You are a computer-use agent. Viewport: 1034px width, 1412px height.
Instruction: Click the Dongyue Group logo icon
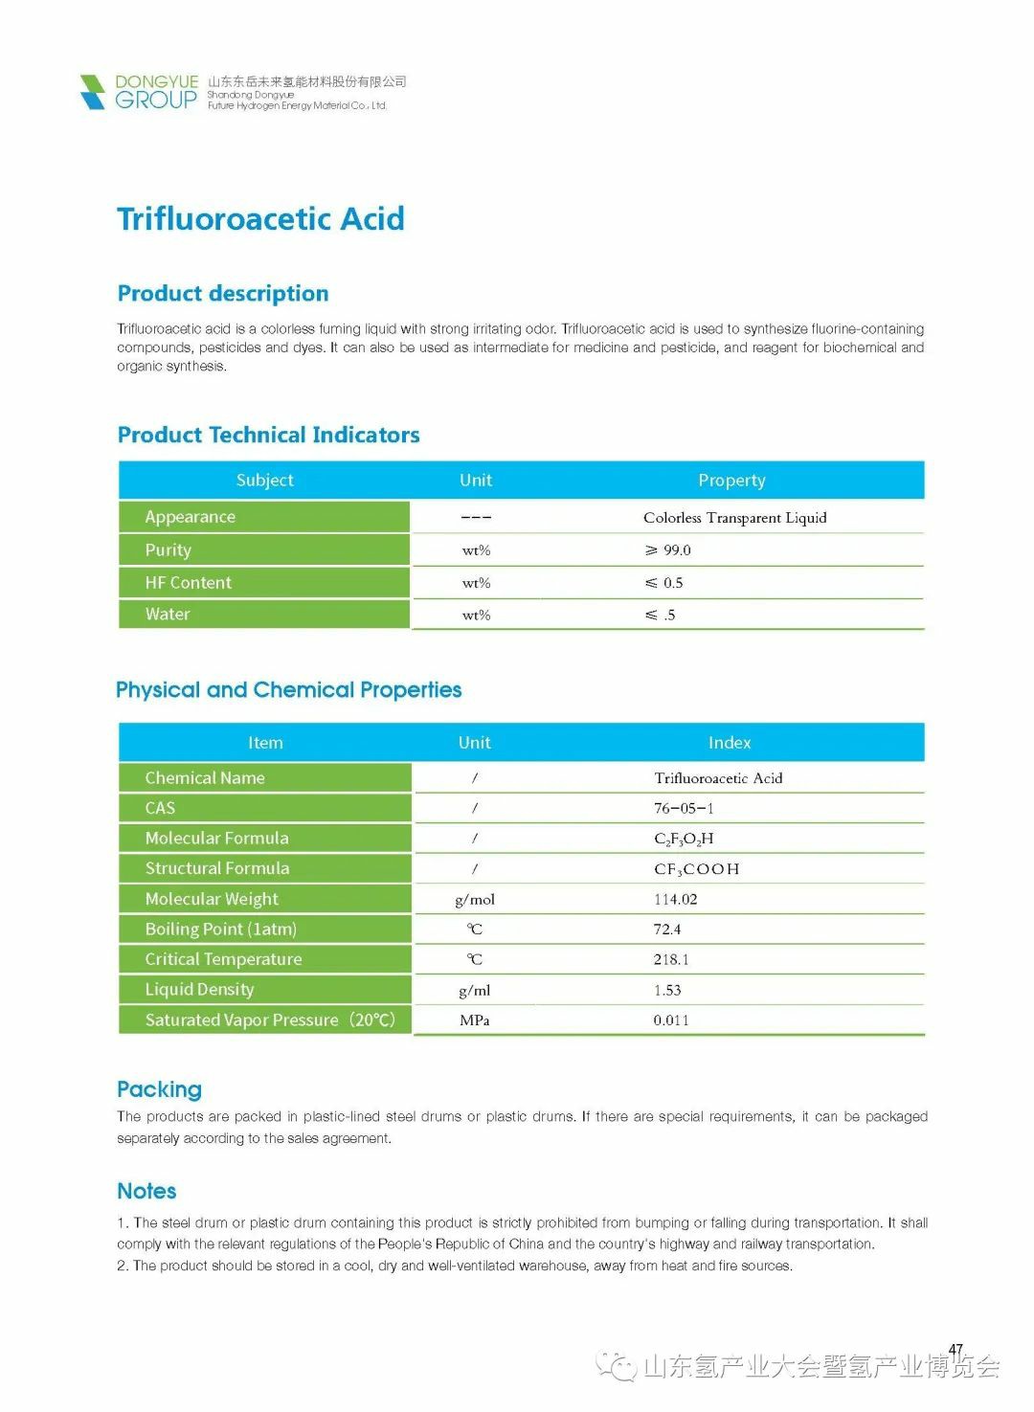point(93,92)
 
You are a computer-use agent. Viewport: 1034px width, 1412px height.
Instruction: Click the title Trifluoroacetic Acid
point(260,218)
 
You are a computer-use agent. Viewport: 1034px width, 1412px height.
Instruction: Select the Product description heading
point(223,293)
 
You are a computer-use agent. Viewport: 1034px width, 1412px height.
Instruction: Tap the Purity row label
point(169,549)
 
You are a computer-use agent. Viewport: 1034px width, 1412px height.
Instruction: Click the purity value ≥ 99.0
point(668,550)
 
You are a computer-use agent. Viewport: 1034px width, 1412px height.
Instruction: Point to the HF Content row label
point(189,582)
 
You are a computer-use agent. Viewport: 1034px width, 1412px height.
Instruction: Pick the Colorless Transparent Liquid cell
point(734,518)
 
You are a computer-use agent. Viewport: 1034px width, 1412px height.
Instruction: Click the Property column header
point(731,480)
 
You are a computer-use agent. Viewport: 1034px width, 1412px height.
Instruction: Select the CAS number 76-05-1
point(684,808)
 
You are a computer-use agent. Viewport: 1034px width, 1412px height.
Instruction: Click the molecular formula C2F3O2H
point(684,839)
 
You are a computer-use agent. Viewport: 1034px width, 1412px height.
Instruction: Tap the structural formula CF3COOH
point(696,869)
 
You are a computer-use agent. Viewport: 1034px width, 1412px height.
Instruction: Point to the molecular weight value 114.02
point(675,899)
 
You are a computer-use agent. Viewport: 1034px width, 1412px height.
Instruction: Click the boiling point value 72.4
point(667,930)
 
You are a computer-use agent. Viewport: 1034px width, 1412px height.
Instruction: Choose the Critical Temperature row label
point(223,959)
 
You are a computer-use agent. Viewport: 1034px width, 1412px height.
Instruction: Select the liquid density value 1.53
point(667,990)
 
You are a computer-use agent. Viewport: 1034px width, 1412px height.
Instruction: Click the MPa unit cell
point(475,1020)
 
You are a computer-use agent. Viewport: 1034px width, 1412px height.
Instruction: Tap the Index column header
point(730,743)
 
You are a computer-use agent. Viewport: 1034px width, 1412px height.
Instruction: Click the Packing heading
point(159,1089)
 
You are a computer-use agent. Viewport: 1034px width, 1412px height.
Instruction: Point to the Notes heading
point(146,1191)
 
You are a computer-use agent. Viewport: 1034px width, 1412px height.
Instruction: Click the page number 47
point(955,1350)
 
